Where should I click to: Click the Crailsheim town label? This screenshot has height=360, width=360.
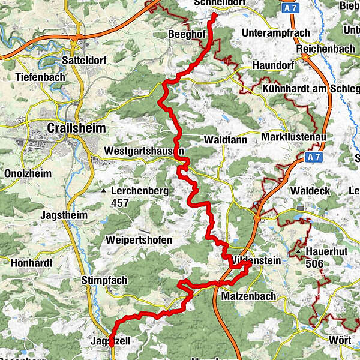(76, 128)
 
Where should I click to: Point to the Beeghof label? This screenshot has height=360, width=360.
(187, 35)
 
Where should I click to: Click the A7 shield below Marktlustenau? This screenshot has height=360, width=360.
(311, 157)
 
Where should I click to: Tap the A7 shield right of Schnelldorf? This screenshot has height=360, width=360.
(291, 7)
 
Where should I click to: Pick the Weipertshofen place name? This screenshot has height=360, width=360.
(139, 240)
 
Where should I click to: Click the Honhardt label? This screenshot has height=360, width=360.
(28, 262)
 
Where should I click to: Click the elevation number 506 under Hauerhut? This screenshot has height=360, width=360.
(314, 263)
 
